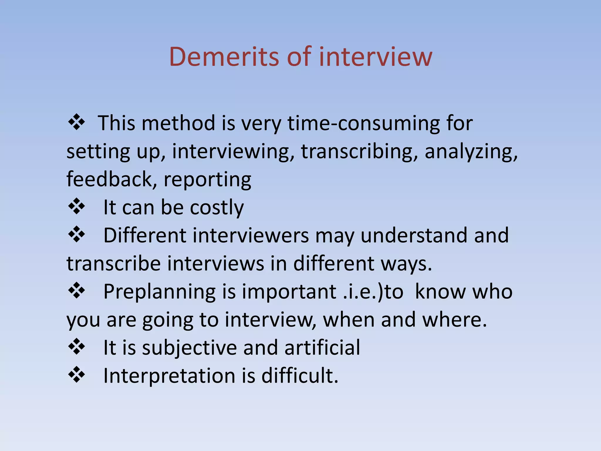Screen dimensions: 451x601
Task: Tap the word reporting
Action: pos(207,180)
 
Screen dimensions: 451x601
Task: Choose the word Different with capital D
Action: pos(145,235)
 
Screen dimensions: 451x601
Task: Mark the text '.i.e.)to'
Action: pos(373,292)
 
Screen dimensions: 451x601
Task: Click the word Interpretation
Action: pos(169,376)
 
